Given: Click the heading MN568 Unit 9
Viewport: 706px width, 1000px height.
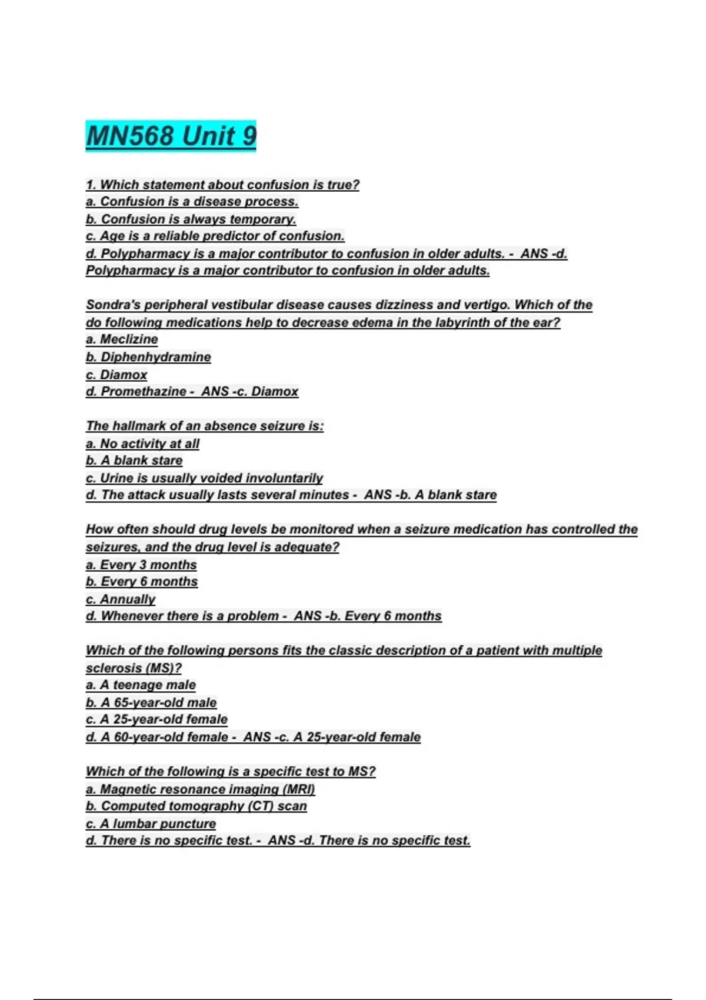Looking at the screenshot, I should pyautogui.click(x=171, y=136).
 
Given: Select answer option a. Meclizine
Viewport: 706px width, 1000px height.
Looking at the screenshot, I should pyautogui.click(x=122, y=339).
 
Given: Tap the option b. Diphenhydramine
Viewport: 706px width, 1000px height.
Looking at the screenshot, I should pyautogui.click(x=148, y=357).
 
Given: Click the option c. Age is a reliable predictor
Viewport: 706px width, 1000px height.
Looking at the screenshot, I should pyautogui.click(x=215, y=236).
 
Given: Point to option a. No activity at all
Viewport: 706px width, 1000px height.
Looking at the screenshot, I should pyautogui.click(x=142, y=444).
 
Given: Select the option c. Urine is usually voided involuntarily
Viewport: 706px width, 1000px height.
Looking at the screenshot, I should pyautogui.click(x=204, y=478).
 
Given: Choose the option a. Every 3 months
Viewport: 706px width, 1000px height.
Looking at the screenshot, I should pyautogui.click(x=141, y=565).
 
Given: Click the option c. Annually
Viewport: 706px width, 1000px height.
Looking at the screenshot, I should pyautogui.click(x=121, y=599).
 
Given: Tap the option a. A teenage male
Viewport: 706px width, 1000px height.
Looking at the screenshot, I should pyautogui.click(x=141, y=685).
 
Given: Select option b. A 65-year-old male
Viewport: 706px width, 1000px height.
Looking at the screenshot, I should pyautogui.click(x=151, y=702).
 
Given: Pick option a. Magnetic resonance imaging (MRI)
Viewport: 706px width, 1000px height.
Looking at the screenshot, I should pyautogui.click(x=201, y=789).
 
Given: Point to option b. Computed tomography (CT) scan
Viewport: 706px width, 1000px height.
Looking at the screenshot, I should pyautogui.click(x=197, y=806).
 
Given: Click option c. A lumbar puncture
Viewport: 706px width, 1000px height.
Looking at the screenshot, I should pyautogui.click(x=151, y=824).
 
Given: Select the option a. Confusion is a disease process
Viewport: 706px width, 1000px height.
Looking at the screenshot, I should pyautogui.click(x=192, y=202).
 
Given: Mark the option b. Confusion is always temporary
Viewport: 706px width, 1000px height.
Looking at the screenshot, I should pyautogui.click(x=191, y=219).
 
